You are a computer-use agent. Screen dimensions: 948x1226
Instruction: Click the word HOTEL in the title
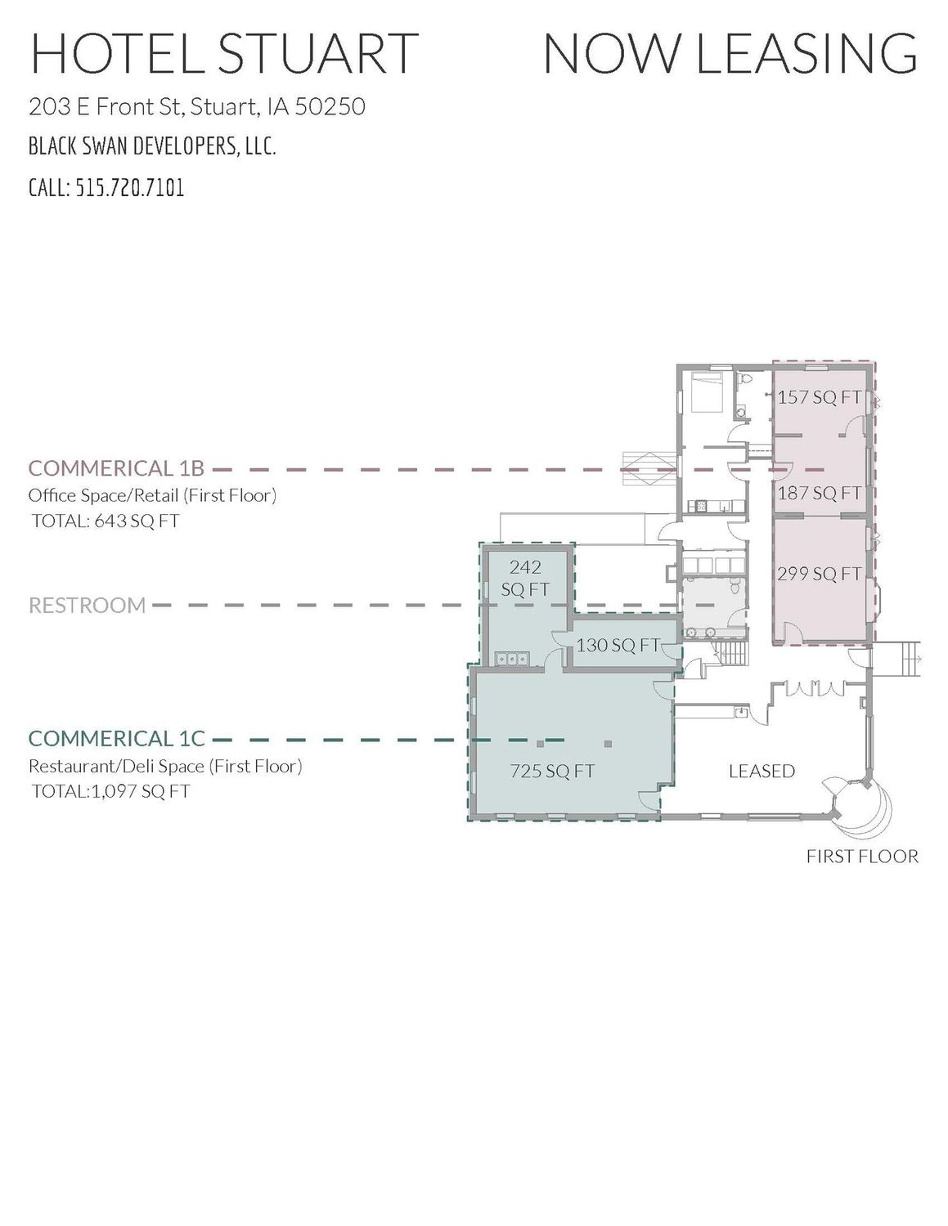[116, 53]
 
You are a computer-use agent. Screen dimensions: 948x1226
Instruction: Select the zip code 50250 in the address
[330, 106]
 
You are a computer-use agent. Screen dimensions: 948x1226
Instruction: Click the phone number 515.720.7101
[129, 187]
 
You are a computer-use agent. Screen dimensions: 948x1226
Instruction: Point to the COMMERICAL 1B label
[116, 468]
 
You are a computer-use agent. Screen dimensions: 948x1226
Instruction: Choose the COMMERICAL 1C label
[117, 739]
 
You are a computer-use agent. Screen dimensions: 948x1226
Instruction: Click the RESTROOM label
[88, 606]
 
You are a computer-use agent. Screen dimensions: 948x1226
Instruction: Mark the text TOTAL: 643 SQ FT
[106, 520]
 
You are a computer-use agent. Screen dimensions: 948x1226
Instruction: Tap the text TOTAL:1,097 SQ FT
[110, 791]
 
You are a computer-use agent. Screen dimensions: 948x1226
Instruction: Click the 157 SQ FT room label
[820, 397]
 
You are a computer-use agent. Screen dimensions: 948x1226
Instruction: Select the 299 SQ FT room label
[820, 574]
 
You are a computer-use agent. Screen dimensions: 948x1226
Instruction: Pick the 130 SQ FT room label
[618, 645]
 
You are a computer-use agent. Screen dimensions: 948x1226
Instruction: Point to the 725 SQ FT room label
[552, 771]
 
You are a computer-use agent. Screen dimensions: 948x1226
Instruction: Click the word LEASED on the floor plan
[762, 771]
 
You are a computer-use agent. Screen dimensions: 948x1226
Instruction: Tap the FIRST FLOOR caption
[862, 857]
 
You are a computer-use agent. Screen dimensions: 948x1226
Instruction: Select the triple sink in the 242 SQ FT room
[511, 659]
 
